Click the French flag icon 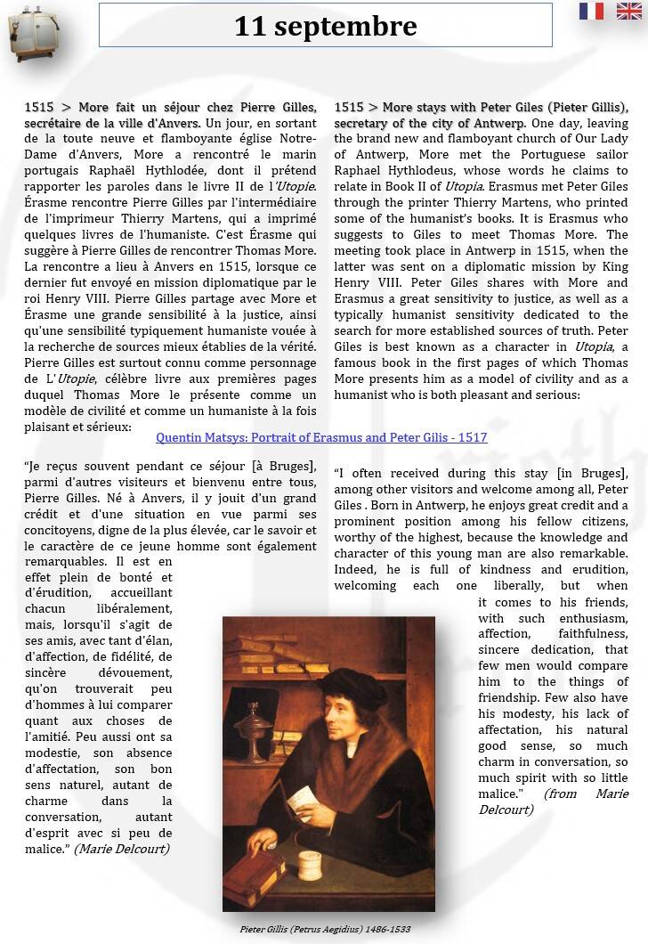(591, 11)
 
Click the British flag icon (628, 11)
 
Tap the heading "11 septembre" (325, 27)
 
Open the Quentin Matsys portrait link (321, 437)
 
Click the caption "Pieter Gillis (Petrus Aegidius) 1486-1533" (325, 929)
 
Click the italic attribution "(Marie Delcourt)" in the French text (122, 849)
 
